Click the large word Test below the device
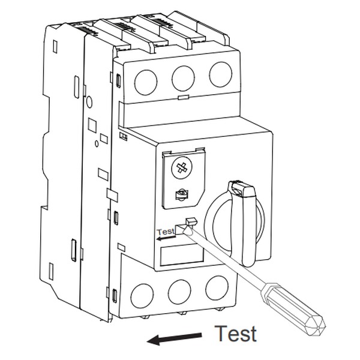(x=236, y=333)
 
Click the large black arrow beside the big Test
(x=174, y=339)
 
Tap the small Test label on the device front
(x=166, y=232)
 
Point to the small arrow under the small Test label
(x=166, y=238)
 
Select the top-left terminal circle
(x=146, y=82)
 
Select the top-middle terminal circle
(x=183, y=78)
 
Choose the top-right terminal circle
(x=221, y=74)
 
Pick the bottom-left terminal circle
(x=142, y=296)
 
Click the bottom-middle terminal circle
(x=179, y=292)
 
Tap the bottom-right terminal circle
(x=217, y=287)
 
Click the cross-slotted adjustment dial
(x=181, y=168)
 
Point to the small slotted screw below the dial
(x=182, y=195)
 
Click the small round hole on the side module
(x=89, y=102)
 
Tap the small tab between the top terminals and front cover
(x=184, y=97)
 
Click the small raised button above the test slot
(x=192, y=221)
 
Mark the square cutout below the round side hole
(x=92, y=125)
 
